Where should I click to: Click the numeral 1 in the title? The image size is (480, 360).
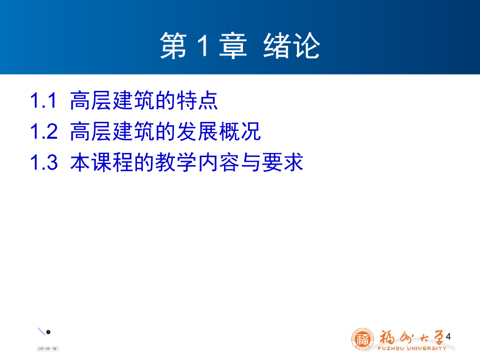point(203,45)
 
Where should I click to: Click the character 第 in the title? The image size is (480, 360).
point(173,45)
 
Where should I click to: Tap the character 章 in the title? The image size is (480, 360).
point(233,45)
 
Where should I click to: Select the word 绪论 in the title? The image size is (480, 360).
point(292,45)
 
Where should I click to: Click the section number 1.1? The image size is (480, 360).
point(43,100)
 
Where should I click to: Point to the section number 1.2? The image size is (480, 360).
point(44,131)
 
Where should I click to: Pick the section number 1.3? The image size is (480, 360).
point(44,162)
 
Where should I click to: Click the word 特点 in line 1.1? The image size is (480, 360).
point(197,100)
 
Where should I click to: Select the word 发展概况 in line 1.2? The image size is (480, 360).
point(219,131)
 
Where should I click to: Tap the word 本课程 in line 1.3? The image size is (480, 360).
point(102,162)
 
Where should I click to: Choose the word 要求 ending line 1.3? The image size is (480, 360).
point(283,162)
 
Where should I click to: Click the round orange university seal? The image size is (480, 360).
point(363,339)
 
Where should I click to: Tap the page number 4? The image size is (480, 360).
point(448,337)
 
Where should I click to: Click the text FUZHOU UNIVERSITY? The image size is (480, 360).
point(412,348)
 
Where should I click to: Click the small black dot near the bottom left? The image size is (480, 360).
point(48,332)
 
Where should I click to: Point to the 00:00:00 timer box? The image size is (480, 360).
point(48,349)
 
